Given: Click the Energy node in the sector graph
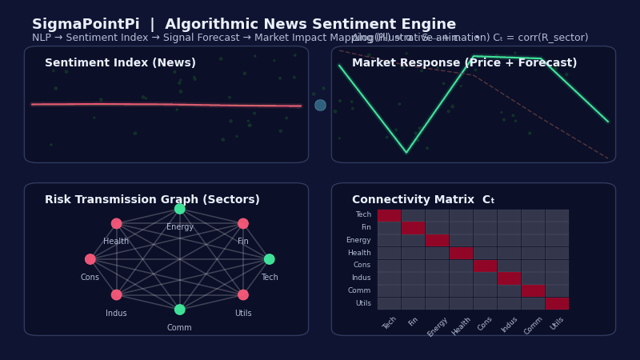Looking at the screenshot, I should pyautogui.click(x=180, y=209).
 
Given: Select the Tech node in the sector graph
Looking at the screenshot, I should pyautogui.click(x=270, y=259).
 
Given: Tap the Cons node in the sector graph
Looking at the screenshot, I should pyautogui.click(x=90, y=259).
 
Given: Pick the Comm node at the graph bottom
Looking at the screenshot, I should pyautogui.click(x=180, y=310).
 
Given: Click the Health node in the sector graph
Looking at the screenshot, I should pyautogui.click(x=117, y=224).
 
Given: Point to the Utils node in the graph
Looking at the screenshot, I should pyautogui.click(x=243, y=295).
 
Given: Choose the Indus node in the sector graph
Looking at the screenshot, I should pyautogui.click(x=117, y=295).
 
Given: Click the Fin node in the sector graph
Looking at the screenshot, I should pyautogui.click(x=243, y=224).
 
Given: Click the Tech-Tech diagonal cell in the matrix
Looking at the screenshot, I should pyautogui.click(x=389, y=215).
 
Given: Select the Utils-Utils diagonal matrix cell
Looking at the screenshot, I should pyautogui.click(x=557, y=303).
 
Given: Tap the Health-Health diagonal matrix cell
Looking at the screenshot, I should pyautogui.click(x=461, y=253).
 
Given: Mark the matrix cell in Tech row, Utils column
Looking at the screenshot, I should pyautogui.click(x=557, y=215).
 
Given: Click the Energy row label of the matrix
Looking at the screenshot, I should pyautogui.click(x=358, y=240).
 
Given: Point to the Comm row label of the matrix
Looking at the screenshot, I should pyautogui.click(x=359, y=290).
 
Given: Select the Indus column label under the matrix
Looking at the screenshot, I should pyautogui.click(x=510, y=324).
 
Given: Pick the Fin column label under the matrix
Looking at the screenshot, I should pyautogui.click(x=413, y=322).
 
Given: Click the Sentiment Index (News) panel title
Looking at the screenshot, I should pyautogui.click(x=120, y=63).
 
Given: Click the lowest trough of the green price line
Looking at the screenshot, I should pyautogui.click(x=406, y=152).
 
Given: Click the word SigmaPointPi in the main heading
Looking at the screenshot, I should pyautogui.click(x=86, y=25).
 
